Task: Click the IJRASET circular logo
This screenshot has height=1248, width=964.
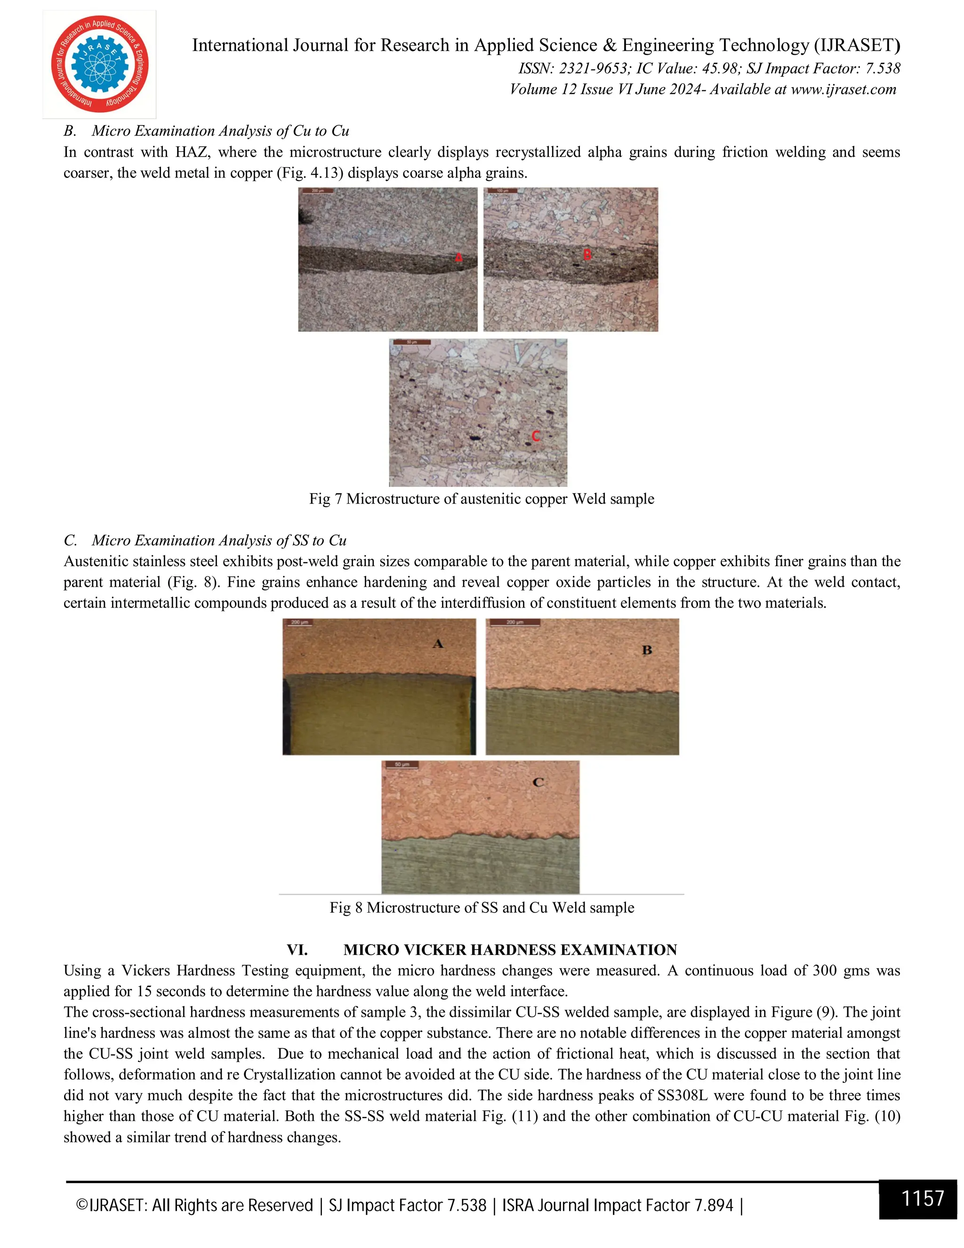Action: click(99, 64)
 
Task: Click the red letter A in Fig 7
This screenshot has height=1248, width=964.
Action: click(458, 258)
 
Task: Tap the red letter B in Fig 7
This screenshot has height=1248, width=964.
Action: click(587, 255)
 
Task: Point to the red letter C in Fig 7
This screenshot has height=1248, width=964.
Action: click(535, 436)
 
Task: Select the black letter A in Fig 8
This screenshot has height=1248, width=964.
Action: click(438, 644)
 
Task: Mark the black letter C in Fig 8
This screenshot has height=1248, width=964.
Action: click(538, 782)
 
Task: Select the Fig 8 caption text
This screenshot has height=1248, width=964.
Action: click(482, 908)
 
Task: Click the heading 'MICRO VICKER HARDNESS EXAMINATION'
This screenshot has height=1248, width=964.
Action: click(509, 950)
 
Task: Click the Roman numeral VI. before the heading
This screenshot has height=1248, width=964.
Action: click(297, 950)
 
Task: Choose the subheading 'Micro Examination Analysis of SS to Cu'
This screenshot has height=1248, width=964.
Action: click(219, 541)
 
